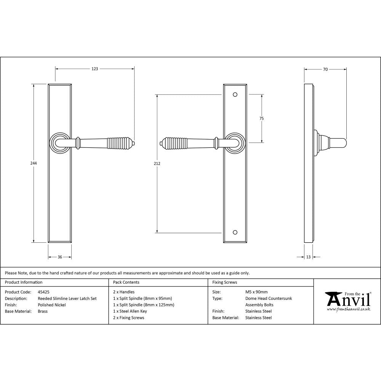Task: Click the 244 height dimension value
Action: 34,163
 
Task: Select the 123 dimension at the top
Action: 95,69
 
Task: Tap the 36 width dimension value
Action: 60,257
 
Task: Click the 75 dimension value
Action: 261,118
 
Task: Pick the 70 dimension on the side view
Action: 325,69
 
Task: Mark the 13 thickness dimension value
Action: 308,257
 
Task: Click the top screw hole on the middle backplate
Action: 235,94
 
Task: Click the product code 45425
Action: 44,292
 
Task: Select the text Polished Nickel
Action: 52,305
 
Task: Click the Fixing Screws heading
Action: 225,282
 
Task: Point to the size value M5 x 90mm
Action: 256,292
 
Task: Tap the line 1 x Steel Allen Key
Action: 130,311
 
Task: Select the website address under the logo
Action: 348,309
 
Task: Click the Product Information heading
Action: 24,282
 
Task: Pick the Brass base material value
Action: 43,311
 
